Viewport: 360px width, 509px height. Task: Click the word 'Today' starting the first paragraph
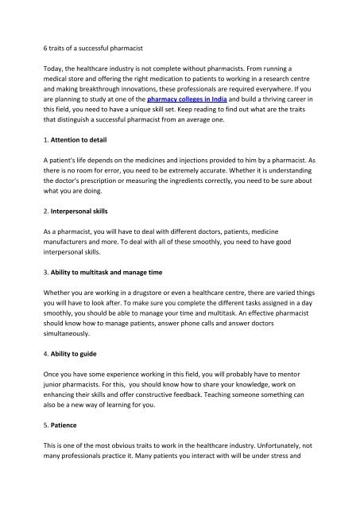click(x=54, y=92)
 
